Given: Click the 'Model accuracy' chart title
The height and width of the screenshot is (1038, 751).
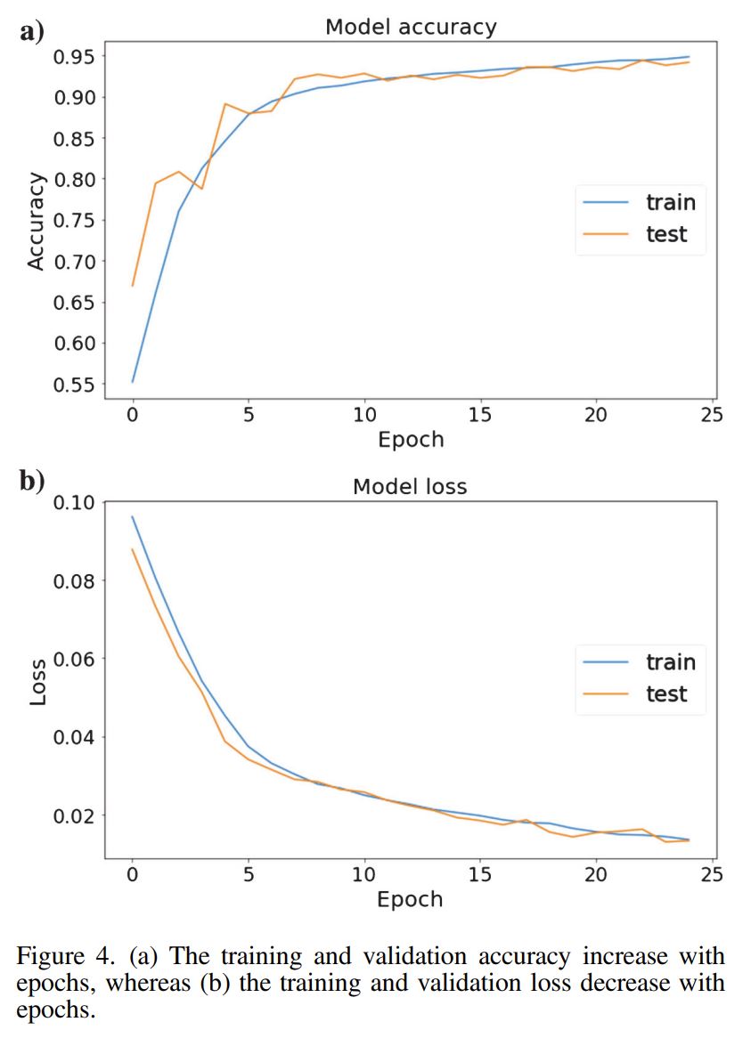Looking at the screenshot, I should coord(410,27).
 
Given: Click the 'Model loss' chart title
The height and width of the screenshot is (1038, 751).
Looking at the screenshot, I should coord(410,487).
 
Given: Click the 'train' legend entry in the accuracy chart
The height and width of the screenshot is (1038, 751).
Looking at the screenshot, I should coord(670,202).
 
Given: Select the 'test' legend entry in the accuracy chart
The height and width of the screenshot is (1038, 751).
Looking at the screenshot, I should coord(665,234).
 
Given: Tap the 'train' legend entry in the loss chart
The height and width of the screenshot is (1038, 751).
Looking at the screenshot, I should coord(670,662).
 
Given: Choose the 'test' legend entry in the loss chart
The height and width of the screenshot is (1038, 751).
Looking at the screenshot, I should coord(665,694).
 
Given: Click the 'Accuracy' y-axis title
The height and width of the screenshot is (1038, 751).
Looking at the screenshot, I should coord(36,221).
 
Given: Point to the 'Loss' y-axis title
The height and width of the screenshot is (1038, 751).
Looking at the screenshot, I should coord(37,681).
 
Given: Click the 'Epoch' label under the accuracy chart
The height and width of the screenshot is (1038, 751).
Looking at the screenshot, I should coord(410,439).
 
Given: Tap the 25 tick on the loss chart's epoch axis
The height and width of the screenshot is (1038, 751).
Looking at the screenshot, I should coord(712,874).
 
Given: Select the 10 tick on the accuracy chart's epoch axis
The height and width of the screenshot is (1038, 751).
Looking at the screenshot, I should coord(363,415).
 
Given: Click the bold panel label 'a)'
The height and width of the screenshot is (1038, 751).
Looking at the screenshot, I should coord(32,32).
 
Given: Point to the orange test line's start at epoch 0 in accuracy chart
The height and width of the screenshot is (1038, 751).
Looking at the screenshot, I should coord(133,286).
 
